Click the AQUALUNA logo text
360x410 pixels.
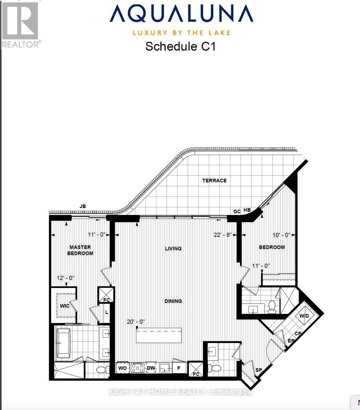coord(181,14)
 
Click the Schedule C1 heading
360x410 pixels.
coord(180,46)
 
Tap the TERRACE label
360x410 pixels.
coord(214,180)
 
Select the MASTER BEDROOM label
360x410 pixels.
coord(80,250)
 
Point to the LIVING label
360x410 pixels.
coord(173,248)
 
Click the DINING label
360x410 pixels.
coord(173,301)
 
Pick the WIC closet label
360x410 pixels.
coord(65,305)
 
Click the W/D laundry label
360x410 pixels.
coord(304,316)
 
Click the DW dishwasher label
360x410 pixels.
coord(151,368)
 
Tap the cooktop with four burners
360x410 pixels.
coord(137,368)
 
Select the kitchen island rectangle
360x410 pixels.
coord(159,336)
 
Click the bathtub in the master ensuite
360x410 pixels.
coord(64,343)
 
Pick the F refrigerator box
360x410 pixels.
coord(179,368)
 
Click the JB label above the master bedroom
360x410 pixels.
coord(83,206)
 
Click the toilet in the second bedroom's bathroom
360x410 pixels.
coord(272,307)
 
